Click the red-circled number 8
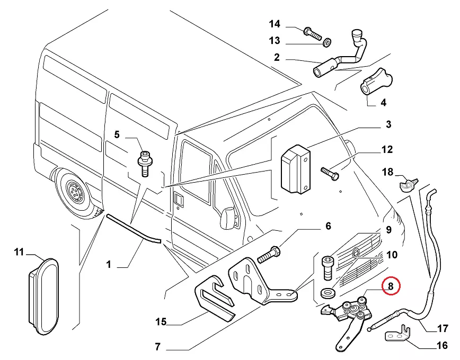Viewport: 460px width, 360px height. pyautogui.click(x=391, y=287)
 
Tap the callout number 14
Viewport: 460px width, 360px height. pyautogui.click(x=274, y=24)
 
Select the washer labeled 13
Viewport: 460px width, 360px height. pyautogui.click(x=328, y=41)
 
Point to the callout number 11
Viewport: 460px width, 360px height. pyautogui.click(x=19, y=252)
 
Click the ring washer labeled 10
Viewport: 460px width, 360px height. pyautogui.click(x=327, y=292)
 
